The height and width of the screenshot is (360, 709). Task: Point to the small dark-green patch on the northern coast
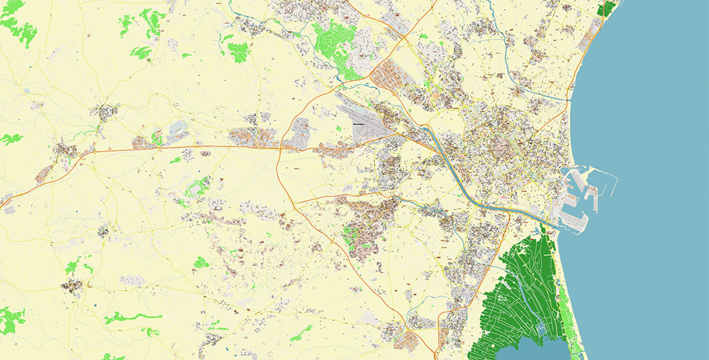(x=607, y=9)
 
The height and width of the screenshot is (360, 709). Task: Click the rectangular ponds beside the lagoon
(x=541, y=329)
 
